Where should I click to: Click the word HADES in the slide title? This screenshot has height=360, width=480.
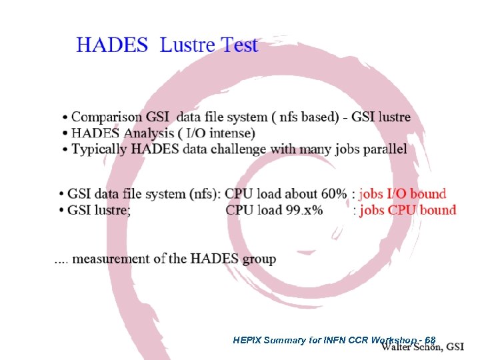tap(112, 45)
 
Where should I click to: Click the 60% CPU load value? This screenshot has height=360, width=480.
tap(333, 194)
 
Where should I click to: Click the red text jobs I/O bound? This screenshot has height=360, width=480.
tap(402, 194)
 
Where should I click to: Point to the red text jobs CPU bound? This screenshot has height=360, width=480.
tap(407, 210)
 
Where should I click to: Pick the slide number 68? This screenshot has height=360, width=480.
tap(430, 340)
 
